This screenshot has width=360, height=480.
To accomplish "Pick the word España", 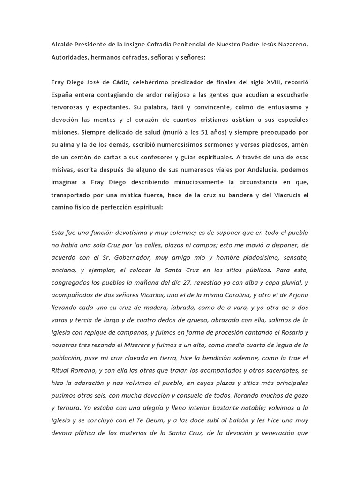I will (64, 95).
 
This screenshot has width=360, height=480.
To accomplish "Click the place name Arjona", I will (295, 295).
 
